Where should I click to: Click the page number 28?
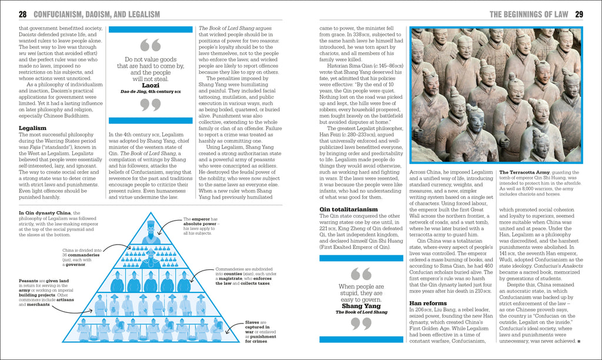(22, 14)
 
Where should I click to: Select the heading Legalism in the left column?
(34, 127)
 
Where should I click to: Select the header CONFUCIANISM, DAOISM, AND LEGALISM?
(97, 14)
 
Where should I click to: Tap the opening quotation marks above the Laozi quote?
(151, 45)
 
